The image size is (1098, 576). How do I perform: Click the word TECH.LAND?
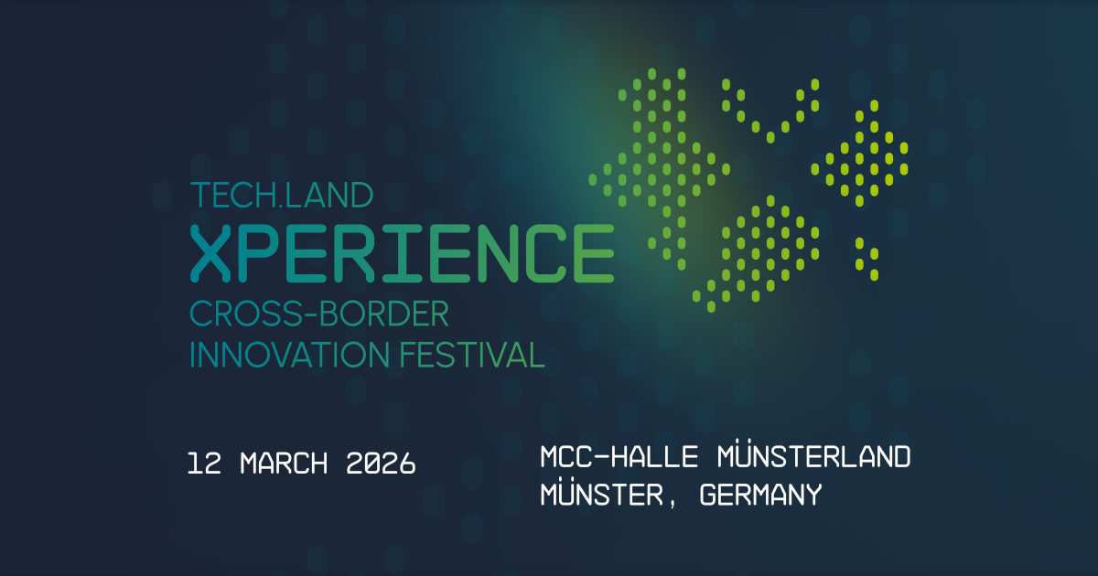[282, 195]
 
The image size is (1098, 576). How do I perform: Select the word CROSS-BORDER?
[318, 315]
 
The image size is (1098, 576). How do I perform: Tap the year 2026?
[382, 464]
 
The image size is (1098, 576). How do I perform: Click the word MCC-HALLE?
[619, 456]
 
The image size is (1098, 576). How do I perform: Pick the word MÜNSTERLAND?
[815, 456]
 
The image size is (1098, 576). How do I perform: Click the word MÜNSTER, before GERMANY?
[608, 496]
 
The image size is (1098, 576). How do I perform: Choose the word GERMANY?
[760, 496]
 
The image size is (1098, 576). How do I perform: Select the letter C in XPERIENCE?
[545, 253]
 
